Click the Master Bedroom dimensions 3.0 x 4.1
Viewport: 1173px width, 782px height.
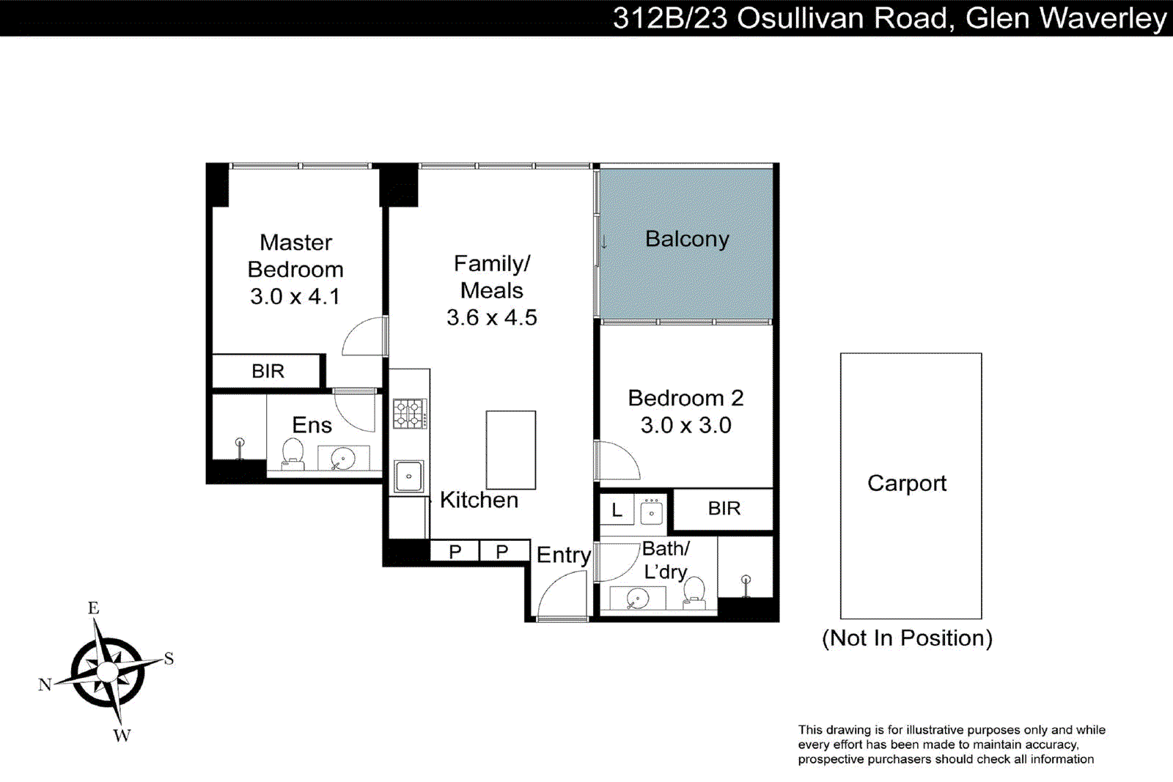(295, 297)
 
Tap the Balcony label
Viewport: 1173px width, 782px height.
(687, 239)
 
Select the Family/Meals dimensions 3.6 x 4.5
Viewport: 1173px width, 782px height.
(491, 317)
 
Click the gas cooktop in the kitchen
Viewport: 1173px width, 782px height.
(410, 413)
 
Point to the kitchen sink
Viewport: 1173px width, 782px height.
(408, 476)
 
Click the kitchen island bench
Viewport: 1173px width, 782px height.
(511, 450)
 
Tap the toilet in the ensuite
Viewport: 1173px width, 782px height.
(293, 453)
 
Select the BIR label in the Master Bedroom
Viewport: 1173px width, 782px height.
(268, 372)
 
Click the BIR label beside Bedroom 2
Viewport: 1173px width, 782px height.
(724, 509)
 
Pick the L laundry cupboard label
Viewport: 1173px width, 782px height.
(617, 511)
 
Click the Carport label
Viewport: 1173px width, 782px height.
(907, 484)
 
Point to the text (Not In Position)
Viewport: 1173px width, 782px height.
(907, 638)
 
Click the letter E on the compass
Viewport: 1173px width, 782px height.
(94, 608)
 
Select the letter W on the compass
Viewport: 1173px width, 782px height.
(122, 736)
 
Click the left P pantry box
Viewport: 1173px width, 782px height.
(455, 551)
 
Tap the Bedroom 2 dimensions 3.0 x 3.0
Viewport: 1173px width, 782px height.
(685, 426)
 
